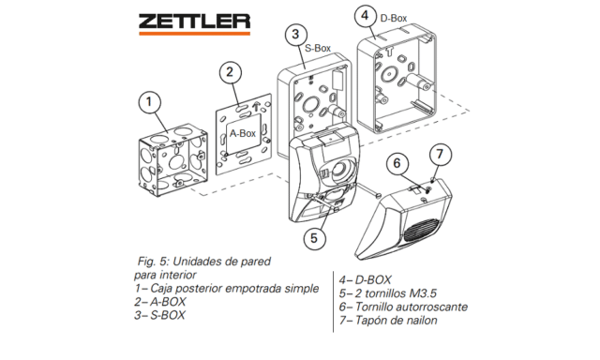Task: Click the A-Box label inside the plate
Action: (243, 133)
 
